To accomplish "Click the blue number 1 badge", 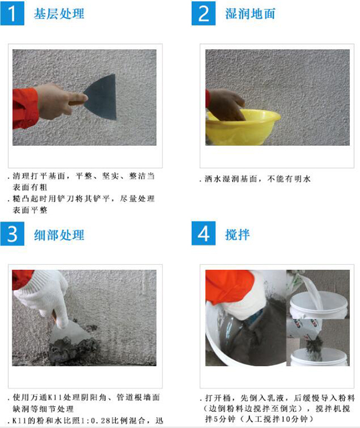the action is tap(12, 13).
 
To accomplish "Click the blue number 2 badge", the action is tap(203, 13).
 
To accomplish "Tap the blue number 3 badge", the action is tap(12, 234).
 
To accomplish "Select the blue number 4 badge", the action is tap(203, 234).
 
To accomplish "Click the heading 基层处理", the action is tap(59, 14).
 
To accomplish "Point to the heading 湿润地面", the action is tap(250, 14).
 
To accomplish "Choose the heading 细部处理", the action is tap(59, 235).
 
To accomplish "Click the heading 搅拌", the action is tap(237, 235).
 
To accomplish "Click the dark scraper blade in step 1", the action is tap(101, 97).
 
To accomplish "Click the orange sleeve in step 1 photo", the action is tap(25, 108).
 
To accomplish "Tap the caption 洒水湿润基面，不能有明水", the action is tap(257, 179).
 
